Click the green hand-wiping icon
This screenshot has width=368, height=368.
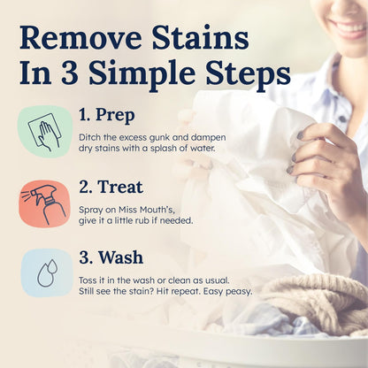coord(44,132)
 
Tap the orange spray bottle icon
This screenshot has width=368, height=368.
coord(44,203)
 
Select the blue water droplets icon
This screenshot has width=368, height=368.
coord(44,273)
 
